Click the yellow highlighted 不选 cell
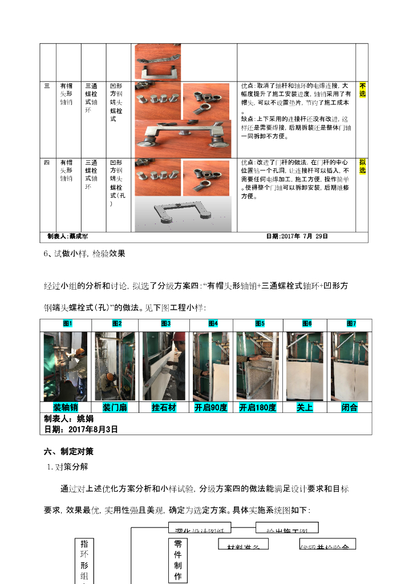(363, 90)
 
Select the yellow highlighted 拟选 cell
(363, 166)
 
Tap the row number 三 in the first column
(47, 86)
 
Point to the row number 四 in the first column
(47, 163)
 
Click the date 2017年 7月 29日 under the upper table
(297, 236)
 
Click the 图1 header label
(68, 323)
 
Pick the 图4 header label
(213, 323)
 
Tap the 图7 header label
(351, 323)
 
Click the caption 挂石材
(163, 407)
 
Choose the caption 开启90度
(211, 407)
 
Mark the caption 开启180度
(258, 407)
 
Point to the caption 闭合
(349, 407)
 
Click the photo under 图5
(258, 366)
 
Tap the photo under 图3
(164, 366)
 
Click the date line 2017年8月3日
(80, 429)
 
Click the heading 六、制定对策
(68, 451)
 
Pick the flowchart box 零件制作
(177, 560)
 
